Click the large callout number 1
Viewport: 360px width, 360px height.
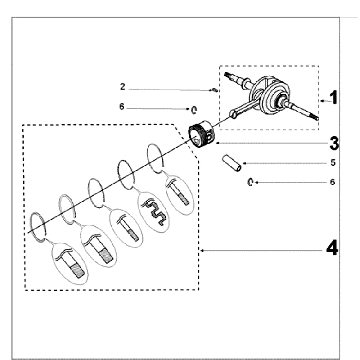333,98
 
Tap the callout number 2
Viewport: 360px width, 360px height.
123,87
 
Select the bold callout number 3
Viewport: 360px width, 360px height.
334,144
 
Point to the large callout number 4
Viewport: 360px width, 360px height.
332,249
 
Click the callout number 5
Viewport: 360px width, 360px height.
333,163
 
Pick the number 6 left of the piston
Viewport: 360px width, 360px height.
122,107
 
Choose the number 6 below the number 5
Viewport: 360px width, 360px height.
332,182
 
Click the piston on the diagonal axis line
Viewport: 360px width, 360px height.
203,134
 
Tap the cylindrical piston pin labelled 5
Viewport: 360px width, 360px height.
232,162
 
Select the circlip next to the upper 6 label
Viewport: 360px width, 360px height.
194,110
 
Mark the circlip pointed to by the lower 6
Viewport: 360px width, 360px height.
251,182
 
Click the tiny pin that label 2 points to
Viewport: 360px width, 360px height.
215,89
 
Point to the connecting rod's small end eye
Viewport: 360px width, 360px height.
233,114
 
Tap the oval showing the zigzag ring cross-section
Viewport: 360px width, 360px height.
153,212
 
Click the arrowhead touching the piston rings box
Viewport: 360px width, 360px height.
202,250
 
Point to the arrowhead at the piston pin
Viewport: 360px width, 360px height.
245,163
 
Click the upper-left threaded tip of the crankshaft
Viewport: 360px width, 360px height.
228,75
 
